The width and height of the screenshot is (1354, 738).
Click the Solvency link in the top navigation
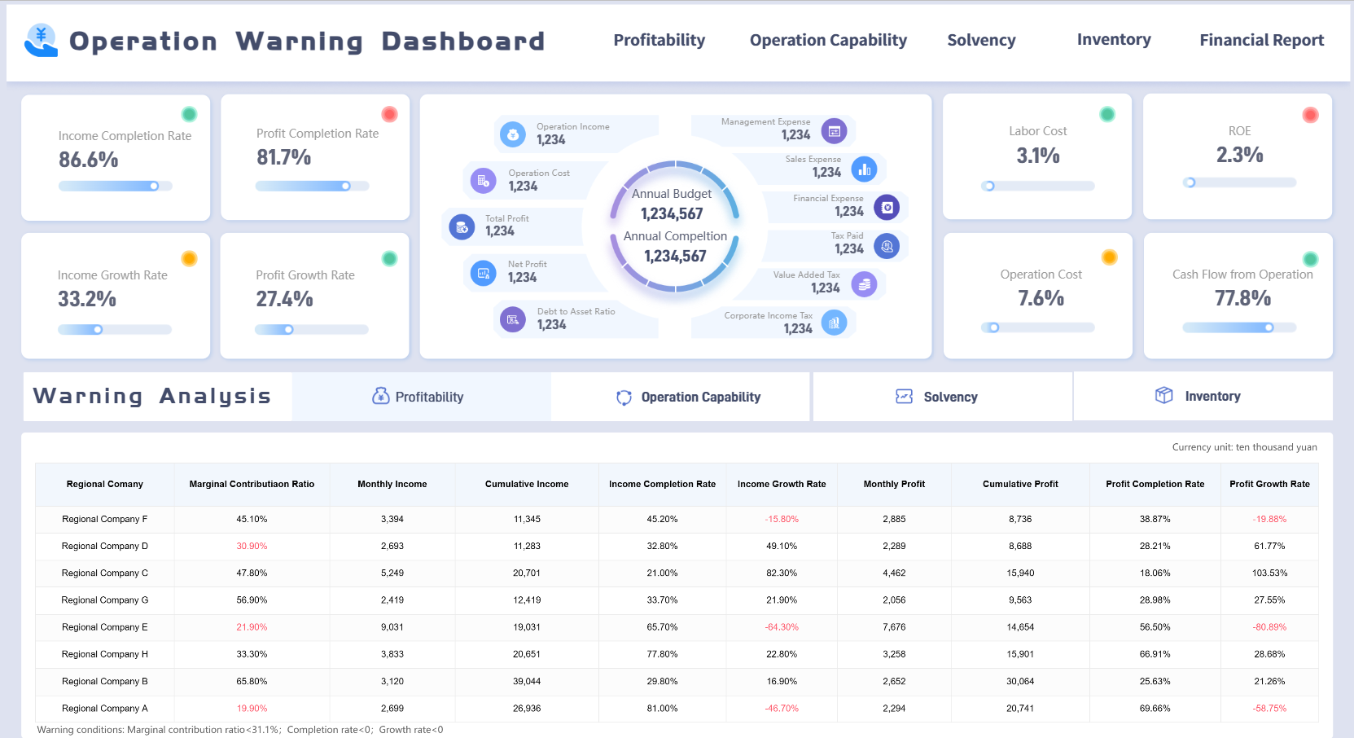(981, 40)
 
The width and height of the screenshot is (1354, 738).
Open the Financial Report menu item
(1261, 40)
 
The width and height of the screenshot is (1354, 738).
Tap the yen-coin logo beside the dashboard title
(41, 40)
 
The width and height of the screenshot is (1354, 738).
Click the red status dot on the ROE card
(1310, 115)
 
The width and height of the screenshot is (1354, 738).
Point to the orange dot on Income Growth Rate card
(189, 258)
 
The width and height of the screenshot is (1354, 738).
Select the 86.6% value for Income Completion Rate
(88, 160)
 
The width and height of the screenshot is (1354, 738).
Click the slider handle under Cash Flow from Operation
(1269, 327)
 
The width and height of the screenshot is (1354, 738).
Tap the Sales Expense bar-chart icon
(864, 169)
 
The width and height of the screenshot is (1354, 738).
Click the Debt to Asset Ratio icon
(512, 319)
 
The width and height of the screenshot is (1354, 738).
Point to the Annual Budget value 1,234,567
(672, 213)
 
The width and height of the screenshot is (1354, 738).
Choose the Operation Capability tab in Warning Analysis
(688, 397)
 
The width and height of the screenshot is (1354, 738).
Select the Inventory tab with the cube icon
(1198, 396)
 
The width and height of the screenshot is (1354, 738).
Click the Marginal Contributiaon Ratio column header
(252, 484)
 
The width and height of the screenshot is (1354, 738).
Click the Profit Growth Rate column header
(1269, 484)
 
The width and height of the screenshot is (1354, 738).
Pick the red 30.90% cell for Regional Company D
(252, 546)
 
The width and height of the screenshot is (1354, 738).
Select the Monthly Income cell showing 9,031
(392, 627)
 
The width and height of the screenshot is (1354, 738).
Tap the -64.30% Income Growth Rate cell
(781, 627)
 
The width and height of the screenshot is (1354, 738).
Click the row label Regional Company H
(104, 654)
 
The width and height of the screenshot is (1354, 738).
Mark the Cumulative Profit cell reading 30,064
(1019, 681)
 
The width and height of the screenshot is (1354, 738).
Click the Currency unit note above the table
(1244, 447)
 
